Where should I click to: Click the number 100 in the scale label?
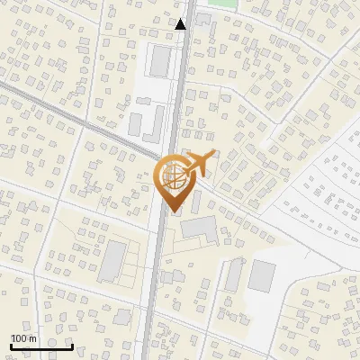(x=19, y=338)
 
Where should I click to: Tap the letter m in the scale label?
(x=32, y=338)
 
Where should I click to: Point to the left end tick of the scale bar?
(x=11, y=346)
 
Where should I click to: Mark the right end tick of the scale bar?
(x=72, y=346)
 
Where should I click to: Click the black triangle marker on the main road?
(x=181, y=24)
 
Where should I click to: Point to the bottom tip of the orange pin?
(x=172, y=212)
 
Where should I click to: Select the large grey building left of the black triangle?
(x=160, y=60)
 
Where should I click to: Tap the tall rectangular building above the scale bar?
(x=113, y=261)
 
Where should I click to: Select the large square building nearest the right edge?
(x=263, y=274)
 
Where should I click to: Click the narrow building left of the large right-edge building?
(x=234, y=274)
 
